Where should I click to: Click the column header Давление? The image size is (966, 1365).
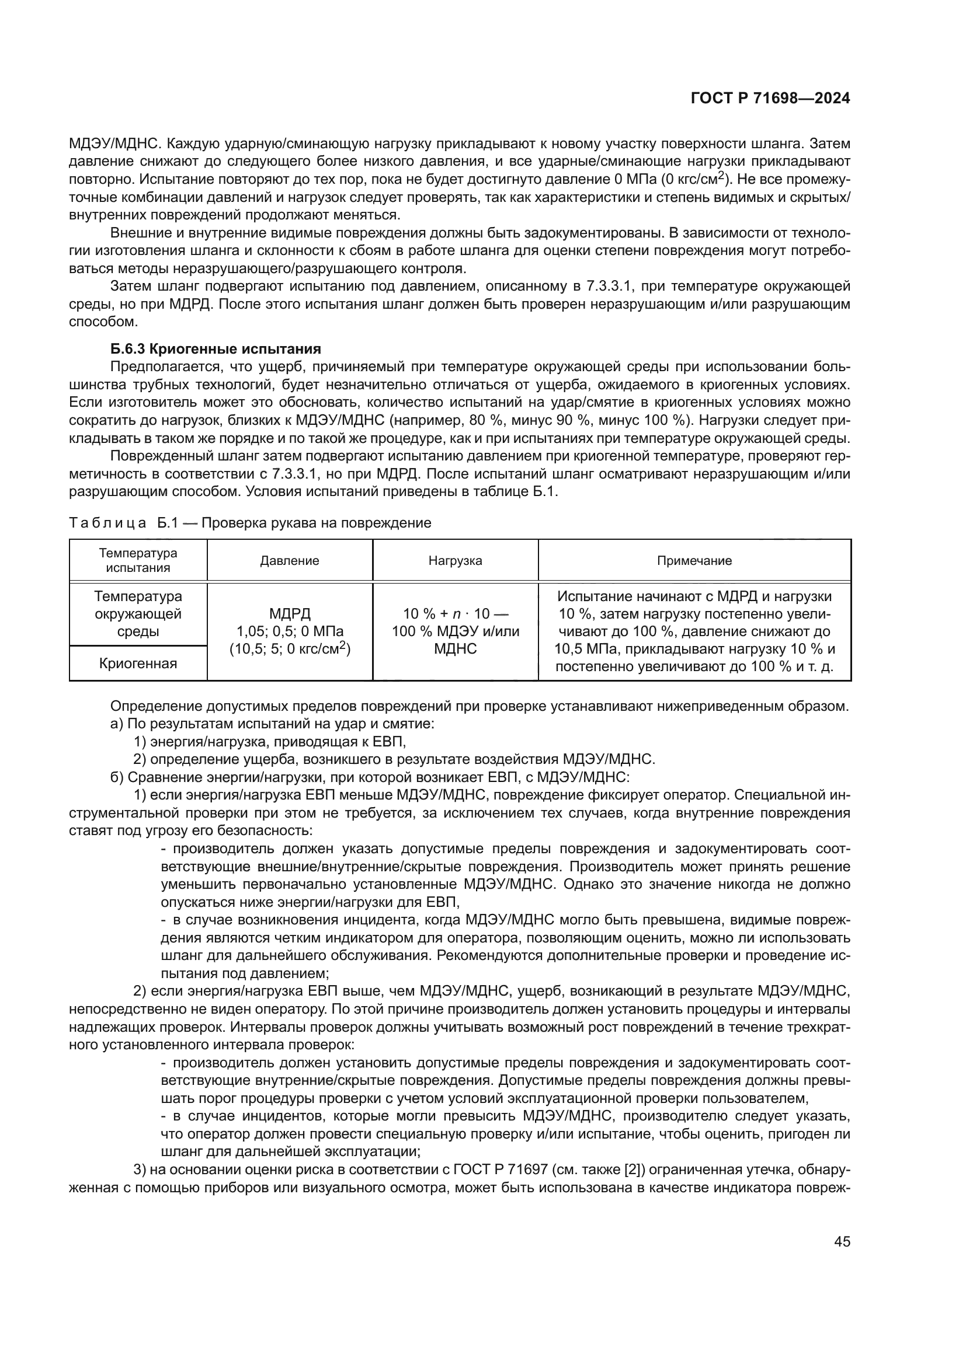point(289,561)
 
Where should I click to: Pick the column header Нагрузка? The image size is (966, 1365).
point(455,561)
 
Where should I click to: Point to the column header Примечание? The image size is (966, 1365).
point(694,561)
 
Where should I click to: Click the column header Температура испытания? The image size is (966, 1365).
point(138,561)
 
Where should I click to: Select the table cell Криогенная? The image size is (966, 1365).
point(138,664)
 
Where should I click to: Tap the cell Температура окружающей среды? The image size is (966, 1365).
point(138,613)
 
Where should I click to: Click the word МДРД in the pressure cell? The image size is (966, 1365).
point(290,613)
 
